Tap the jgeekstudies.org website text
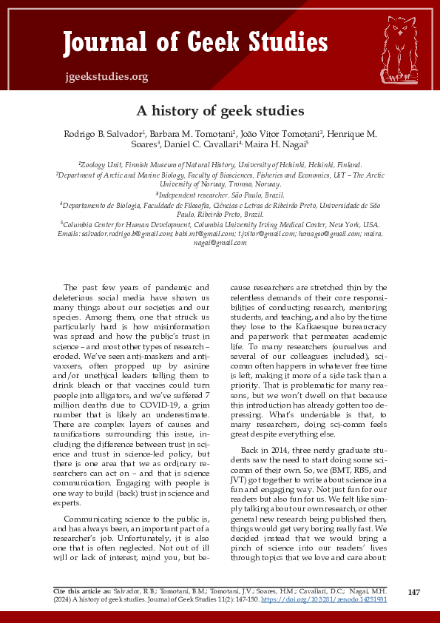click(x=106, y=76)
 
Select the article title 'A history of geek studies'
click(x=220, y=111)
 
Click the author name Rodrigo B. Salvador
click(x=98, y=134)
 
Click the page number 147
click(x=414, y=592)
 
